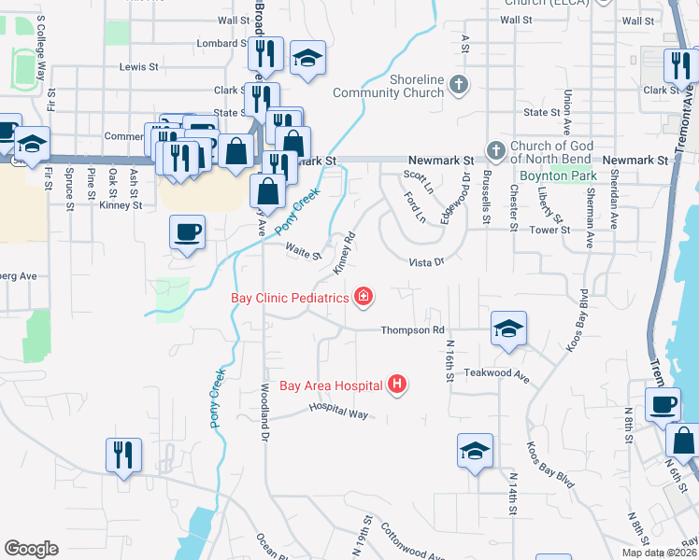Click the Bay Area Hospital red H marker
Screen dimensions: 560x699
pyautogui.click(x=398, y=384)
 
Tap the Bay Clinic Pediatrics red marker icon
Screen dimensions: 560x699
pyautogui.click(x=364, y=298)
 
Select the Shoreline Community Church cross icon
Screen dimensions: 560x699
pyautogui.click(x=458, y=85)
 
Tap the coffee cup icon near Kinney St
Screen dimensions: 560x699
pyautogui.click(x=187, y=231)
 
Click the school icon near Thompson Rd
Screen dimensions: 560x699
pyautogui.click(x=508, y=328)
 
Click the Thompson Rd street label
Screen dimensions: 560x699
pyautogui.click(x=412, y=330)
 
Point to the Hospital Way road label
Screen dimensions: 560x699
pyautogui.click(x=335, y=411)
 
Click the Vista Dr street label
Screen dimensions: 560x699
pyautogui.click(x=425, y=262)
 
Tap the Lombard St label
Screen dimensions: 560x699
pyautogui.click(x=220, y=43)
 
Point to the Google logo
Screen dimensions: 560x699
pyautogui.click(x=31, y=549)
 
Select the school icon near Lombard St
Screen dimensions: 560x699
pyautogui.click(x=307, y=58)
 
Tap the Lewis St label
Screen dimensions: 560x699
pyautogui.click(x=138, y=67)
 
